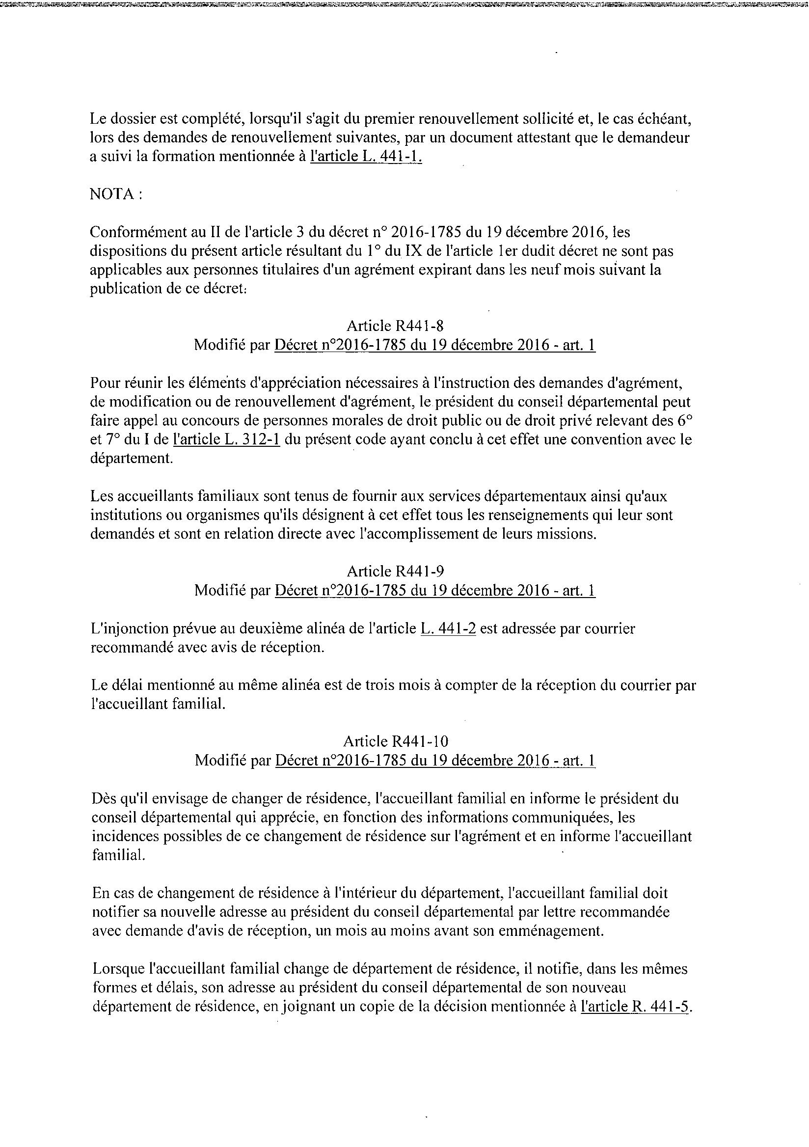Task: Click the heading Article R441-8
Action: tap(395, 326)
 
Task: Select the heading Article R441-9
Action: tap(395, 571)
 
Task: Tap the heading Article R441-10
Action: tap(395, 741)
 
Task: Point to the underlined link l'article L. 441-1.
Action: tap(366, 157)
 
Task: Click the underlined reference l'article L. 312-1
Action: tap(226, 439)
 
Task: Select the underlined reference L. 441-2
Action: tap(449, 628)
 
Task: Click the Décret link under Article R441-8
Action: tap(434, 345)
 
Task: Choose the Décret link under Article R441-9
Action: tap(434, 591)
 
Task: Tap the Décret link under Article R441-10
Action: tap(434, 761)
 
